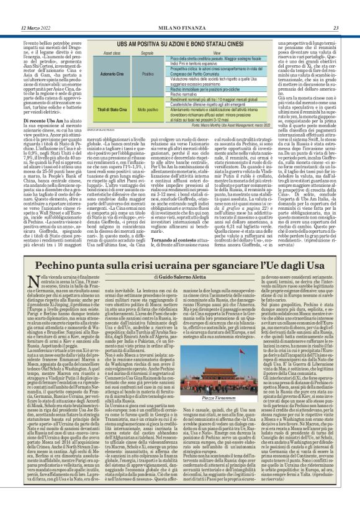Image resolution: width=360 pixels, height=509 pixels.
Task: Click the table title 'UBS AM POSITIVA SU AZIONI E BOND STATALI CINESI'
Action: click(x=180, y=45)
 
